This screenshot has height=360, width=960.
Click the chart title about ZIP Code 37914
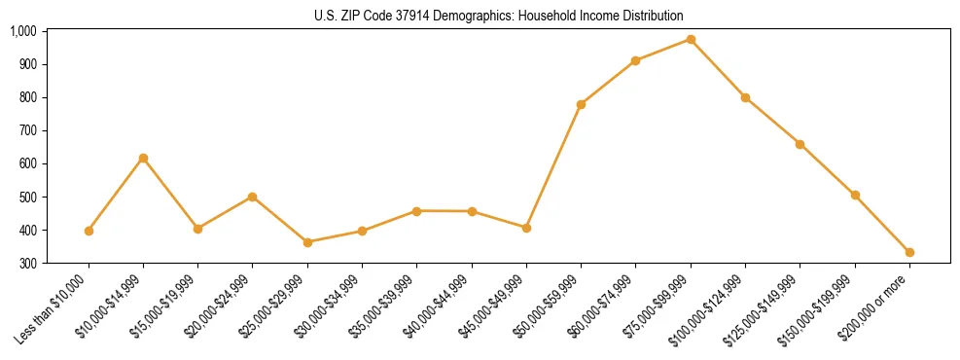click(499, 16)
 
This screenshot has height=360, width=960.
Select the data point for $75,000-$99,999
click(691, 39)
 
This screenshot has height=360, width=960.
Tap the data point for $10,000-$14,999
click(143, 158)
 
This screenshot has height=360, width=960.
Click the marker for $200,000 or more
click(909, 252)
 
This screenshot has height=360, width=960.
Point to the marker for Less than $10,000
click(89, 231)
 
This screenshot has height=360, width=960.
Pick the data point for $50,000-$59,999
click(581, 104)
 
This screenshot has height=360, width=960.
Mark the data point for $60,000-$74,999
click(635, 60)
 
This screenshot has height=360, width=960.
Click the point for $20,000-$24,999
click(253, 197)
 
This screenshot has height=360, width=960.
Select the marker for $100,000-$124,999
click(745, 97)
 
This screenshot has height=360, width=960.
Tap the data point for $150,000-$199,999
click(855, 195)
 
